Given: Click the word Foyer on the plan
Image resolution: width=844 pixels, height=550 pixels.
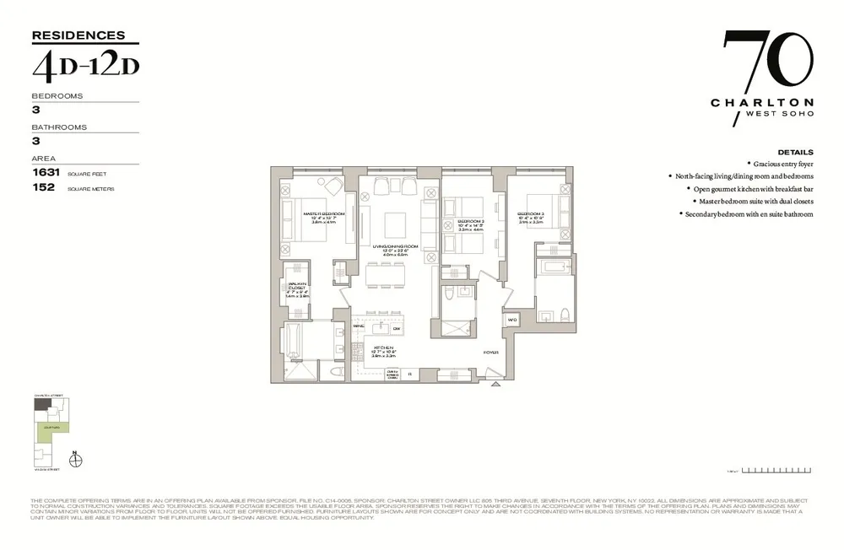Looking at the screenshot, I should (490, 352).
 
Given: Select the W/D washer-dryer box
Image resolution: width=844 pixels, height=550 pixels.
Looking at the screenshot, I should (512, 321).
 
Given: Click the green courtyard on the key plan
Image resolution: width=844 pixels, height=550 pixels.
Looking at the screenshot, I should (46, 432).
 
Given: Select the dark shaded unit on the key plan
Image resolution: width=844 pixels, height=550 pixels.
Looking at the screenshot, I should (41, 404).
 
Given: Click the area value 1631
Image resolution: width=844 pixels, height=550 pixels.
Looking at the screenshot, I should (43, 171).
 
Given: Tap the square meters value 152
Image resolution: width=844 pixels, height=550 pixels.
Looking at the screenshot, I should (43, 187).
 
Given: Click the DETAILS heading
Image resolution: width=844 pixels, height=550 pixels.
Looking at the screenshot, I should (795, 152).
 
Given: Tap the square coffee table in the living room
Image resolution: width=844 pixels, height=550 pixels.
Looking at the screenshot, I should (394, 224).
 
